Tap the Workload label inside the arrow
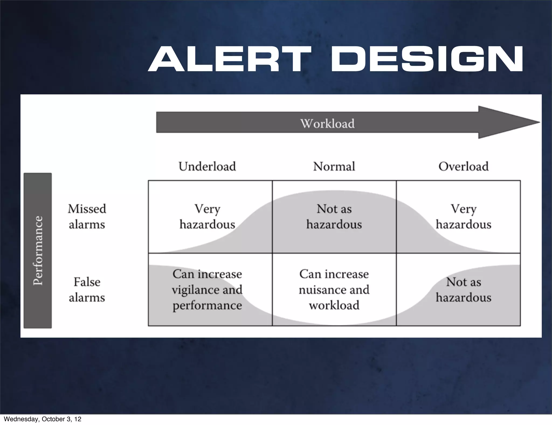click(327, 124)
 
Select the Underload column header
click(207, 166)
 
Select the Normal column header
click(334, 166)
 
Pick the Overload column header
click(463, 166)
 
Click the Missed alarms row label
click(87, 217)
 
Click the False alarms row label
click(87, 290)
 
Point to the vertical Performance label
click(38, 251)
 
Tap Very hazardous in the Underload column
click(207, 217)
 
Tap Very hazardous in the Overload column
click(463, 217)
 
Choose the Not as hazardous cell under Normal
click(334, 217)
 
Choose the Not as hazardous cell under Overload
click(463, 290)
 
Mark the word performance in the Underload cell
click(207, 306)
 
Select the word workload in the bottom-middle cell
click(334, 306)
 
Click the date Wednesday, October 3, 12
click(43, 419)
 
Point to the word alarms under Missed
click(87, 224)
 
